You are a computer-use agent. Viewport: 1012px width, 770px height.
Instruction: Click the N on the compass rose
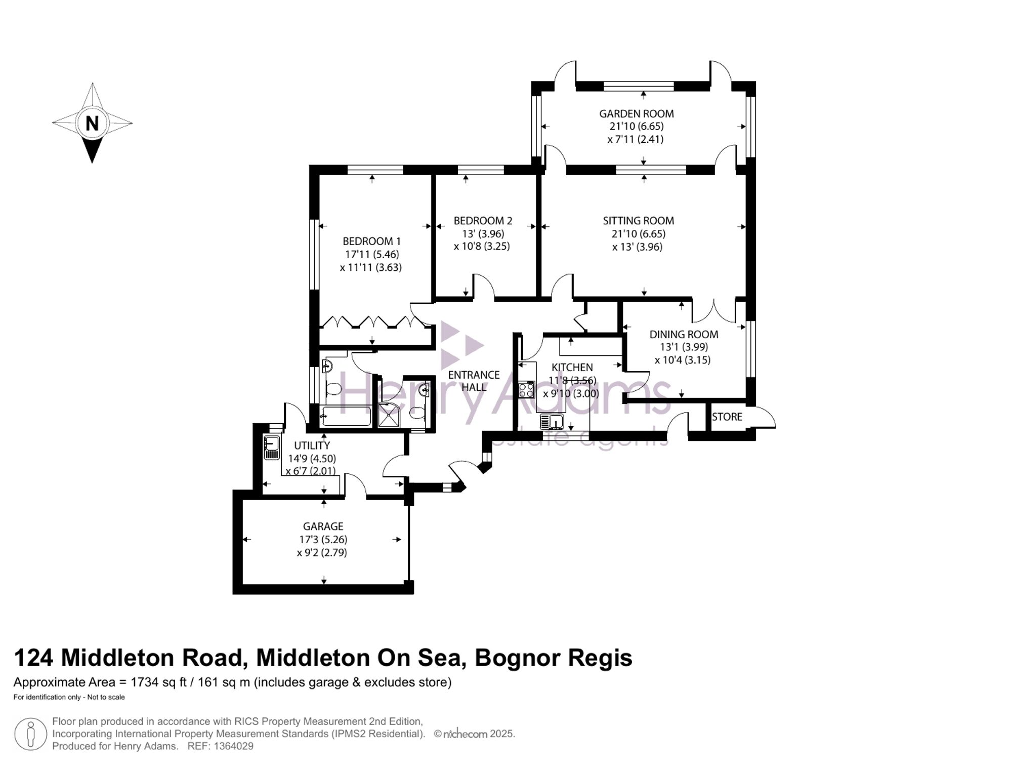(x=92, y=123)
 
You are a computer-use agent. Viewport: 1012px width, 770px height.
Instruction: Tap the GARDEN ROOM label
(x=637, y=114)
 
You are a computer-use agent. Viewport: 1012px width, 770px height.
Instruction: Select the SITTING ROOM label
(x=639, y=221)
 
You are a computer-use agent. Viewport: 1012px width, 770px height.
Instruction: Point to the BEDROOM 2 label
(x=483, y=221)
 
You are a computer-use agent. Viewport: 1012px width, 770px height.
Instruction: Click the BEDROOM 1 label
(x=371, y=241)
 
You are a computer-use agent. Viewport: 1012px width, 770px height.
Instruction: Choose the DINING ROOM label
(x=684, y=334)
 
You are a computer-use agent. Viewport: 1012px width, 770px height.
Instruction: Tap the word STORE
(x=727, y=417)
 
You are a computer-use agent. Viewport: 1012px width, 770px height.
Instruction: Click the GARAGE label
(x=323, y=526)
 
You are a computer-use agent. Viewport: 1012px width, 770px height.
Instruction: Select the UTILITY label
(x=312, y=445)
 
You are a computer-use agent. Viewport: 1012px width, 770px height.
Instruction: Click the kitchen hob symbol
(x=526, y=389)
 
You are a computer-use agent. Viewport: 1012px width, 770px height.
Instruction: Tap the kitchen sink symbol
(x=552, y=421)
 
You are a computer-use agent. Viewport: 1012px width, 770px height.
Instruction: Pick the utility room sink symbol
(x=272, y=448)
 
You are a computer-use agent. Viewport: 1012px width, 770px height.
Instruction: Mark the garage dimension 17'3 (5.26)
(x=323, y=540)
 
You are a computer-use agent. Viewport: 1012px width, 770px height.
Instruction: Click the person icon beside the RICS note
(x=30, y=734)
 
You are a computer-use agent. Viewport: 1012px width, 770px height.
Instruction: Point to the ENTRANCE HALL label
(x=474, y=381)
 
